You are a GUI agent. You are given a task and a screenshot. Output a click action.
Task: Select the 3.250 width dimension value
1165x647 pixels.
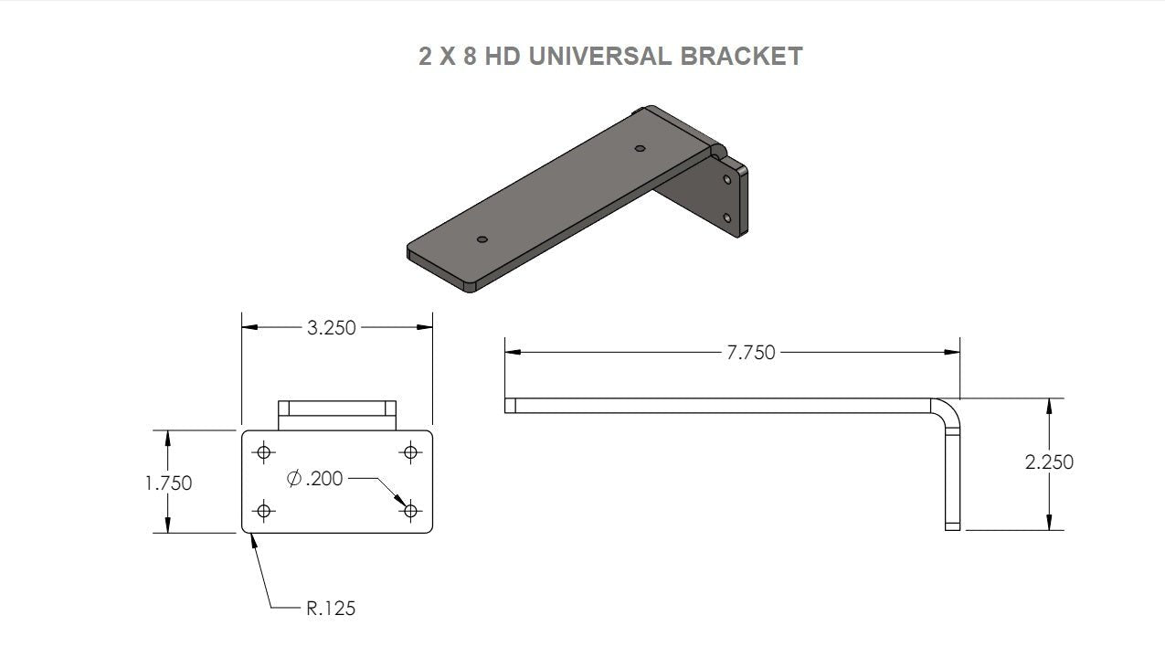(x=332, y=327)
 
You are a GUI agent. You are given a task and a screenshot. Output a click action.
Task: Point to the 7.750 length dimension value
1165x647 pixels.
(x=750, y=352)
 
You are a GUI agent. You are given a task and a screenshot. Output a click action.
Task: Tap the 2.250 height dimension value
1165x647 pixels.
(x=1049, y=462)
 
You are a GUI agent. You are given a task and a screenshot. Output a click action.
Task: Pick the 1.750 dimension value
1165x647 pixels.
(x=168, y=483)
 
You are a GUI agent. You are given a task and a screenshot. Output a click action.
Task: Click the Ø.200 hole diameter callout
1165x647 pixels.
(x=315, y=478)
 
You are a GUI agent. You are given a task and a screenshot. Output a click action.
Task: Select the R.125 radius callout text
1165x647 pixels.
(x=330, y=608)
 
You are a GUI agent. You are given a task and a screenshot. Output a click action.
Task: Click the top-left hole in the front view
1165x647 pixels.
(x=265, y=451)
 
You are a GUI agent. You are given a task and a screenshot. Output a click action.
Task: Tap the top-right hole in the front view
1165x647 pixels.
(x=410, y=451)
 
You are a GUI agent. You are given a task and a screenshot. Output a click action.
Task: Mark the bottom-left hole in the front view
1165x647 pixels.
(x=265, y=510)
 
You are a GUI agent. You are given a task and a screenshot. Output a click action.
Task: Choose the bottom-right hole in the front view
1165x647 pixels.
(x=410, y=510)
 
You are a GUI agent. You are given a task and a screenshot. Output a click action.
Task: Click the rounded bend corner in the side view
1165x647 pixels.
(x=949, y=408)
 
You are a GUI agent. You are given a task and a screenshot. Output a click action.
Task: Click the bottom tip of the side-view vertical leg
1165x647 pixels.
(x=952, y=525)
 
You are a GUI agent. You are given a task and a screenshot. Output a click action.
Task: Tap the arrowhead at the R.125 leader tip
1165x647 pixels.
(x=253, y=537)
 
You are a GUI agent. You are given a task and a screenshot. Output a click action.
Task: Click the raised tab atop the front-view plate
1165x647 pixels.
(x=336, y=414)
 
